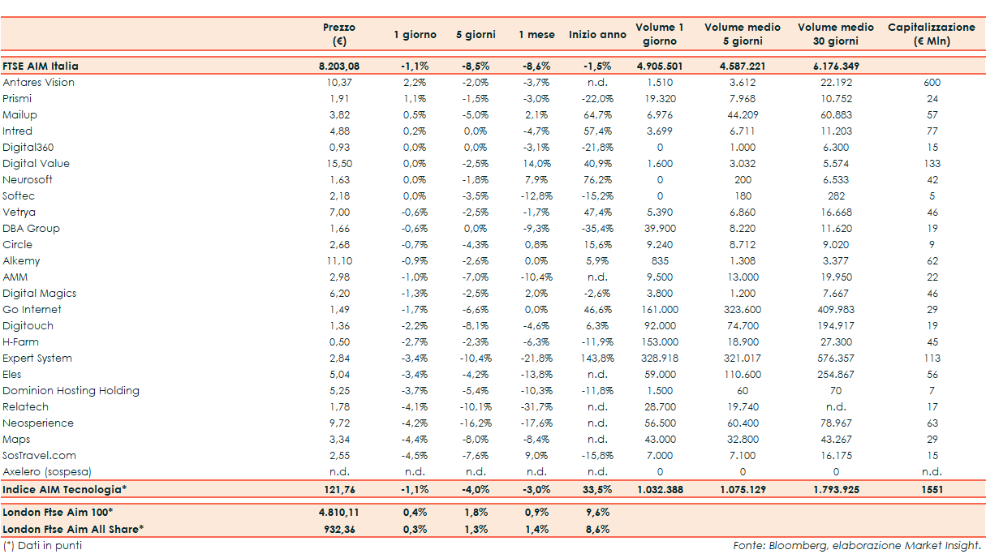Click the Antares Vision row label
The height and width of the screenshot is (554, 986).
38,83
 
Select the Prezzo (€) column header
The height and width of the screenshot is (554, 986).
338,34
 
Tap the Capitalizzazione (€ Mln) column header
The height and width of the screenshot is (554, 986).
931,34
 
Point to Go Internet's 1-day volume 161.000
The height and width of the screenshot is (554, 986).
659,310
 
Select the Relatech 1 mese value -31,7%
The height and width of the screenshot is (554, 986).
536,407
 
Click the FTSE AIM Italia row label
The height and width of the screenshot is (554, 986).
41,67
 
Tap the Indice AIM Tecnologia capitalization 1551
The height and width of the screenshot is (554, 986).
932,490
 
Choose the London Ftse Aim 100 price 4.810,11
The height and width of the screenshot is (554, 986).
338,513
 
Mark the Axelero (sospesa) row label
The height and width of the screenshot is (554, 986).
47,472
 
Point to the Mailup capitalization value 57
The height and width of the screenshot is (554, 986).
932,115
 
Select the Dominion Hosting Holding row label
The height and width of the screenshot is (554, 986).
71,391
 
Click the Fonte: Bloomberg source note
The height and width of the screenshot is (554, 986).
856,546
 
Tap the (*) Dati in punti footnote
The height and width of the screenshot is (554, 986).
42,546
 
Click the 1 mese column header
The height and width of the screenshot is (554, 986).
536,35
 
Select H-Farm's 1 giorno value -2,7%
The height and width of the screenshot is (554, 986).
415,342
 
